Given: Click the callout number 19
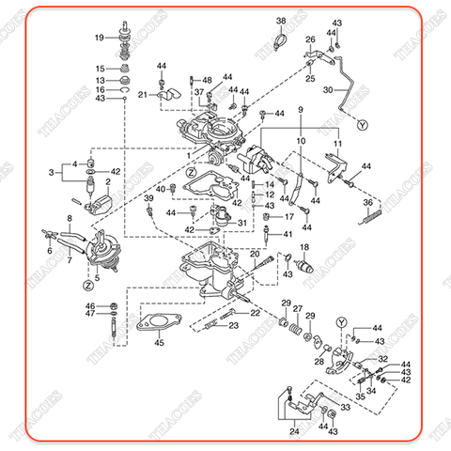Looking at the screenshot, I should (100, 38).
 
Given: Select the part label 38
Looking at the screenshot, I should (281, 21).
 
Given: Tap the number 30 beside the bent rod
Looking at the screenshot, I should (328, 90).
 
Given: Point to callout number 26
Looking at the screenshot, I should (311, 39).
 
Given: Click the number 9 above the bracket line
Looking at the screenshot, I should (301, 111).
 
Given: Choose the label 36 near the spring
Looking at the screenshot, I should (369, 202).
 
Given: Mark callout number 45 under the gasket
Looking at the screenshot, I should (159, 343).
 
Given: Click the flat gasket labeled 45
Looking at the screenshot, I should (159, 325).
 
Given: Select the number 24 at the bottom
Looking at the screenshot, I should (294, 431).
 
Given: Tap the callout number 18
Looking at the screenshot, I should (303, 246).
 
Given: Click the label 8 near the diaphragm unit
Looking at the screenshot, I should (68, 219).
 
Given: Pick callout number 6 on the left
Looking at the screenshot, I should (49, 251).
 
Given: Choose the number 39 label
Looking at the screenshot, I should (148, 199).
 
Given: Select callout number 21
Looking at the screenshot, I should (142, 95).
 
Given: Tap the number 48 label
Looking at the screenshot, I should (207, 81).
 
